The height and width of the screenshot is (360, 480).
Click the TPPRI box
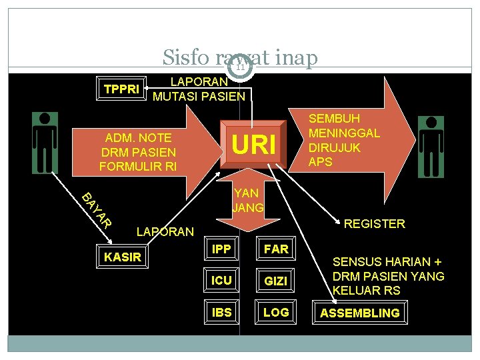coord(121,89)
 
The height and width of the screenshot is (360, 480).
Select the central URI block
coord(253,144)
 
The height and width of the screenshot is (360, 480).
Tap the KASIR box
coord(122,256)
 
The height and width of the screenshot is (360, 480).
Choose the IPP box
coord(221,249)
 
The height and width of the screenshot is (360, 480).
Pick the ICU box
coord(221,280)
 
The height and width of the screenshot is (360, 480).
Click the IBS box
coord(221,312)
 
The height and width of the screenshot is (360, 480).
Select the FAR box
coord(276,249)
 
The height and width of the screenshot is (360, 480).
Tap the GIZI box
coord(275,281)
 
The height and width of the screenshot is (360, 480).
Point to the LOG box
coord(275,312)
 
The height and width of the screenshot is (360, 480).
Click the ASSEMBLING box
coord(360,313)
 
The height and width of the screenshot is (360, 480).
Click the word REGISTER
coord(375,224)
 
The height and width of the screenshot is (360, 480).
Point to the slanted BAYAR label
coord(97,211)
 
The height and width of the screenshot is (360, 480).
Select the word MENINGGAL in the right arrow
coord(344,133)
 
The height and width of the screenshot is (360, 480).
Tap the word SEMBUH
coord(334,119)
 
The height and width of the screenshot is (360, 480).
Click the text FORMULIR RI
coord(138,167)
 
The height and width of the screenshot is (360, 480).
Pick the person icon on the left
coord(45,143)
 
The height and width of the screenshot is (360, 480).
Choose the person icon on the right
coord(431,147)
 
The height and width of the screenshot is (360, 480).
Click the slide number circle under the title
coord(240,67)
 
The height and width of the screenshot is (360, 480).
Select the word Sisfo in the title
coord(186,57)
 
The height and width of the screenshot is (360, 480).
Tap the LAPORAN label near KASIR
coord(165,232)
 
